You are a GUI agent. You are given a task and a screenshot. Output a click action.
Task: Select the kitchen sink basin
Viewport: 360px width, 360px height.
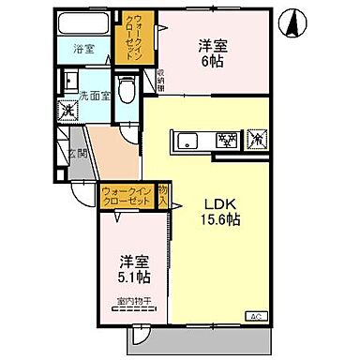click(187, 142)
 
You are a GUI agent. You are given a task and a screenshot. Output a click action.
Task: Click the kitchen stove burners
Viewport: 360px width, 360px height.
click(225, 142)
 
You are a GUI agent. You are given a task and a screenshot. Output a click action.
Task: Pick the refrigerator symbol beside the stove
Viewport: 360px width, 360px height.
click(258, 141)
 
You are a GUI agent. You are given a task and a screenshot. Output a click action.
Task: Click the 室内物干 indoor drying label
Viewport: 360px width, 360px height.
click(134, 301)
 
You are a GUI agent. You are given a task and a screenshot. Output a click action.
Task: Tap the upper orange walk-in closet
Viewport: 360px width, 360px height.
click(128, 38)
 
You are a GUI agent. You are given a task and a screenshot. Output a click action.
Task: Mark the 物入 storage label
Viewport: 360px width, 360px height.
click(162, 196)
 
